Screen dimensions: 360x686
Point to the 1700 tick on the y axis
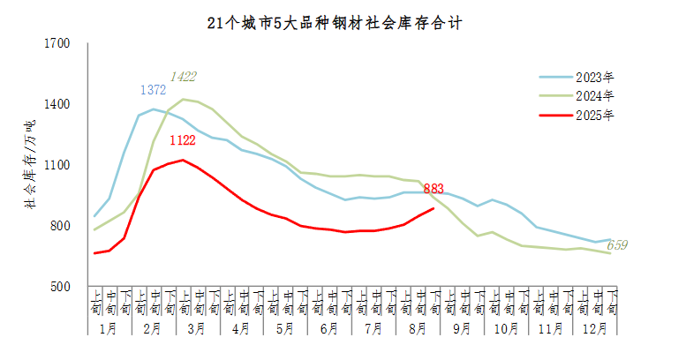click(57, 43)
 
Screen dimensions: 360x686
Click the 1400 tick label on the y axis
click(57, 104)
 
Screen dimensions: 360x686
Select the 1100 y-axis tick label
click(57, 165)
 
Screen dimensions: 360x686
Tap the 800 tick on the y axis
click(60, 226)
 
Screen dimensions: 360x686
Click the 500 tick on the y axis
click(60, 287)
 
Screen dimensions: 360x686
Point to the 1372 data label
click(154, 90)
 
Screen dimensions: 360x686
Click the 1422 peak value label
click(184, 77)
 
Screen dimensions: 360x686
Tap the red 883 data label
click(433, 188)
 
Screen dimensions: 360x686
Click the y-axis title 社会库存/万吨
click(30, 165)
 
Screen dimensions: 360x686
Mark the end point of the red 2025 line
click(433, 208)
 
